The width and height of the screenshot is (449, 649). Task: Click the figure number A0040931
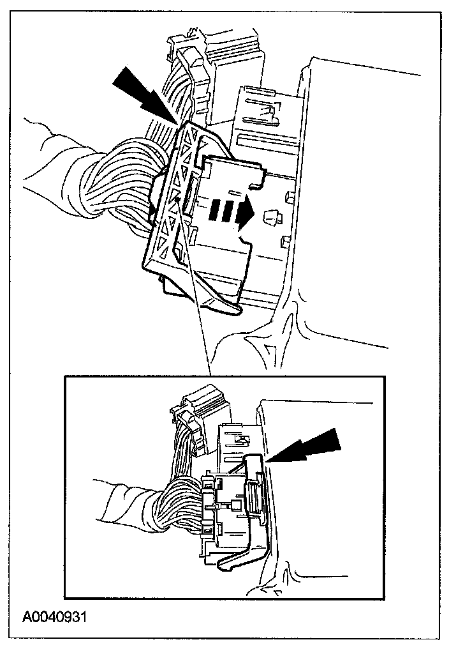pyautogui.click(x=55, y=617)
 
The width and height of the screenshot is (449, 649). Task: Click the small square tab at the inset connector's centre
pyautogui.click(x=235, y=506)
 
